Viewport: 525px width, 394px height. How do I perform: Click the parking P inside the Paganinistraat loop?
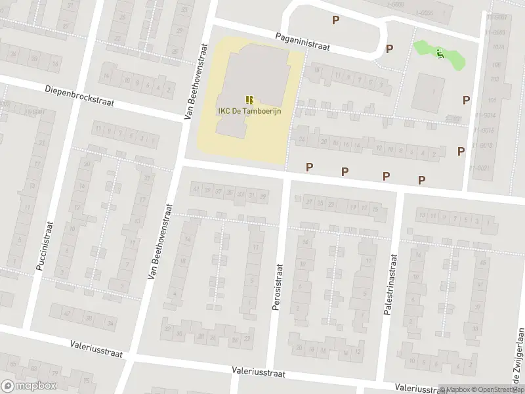pos(335,20)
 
